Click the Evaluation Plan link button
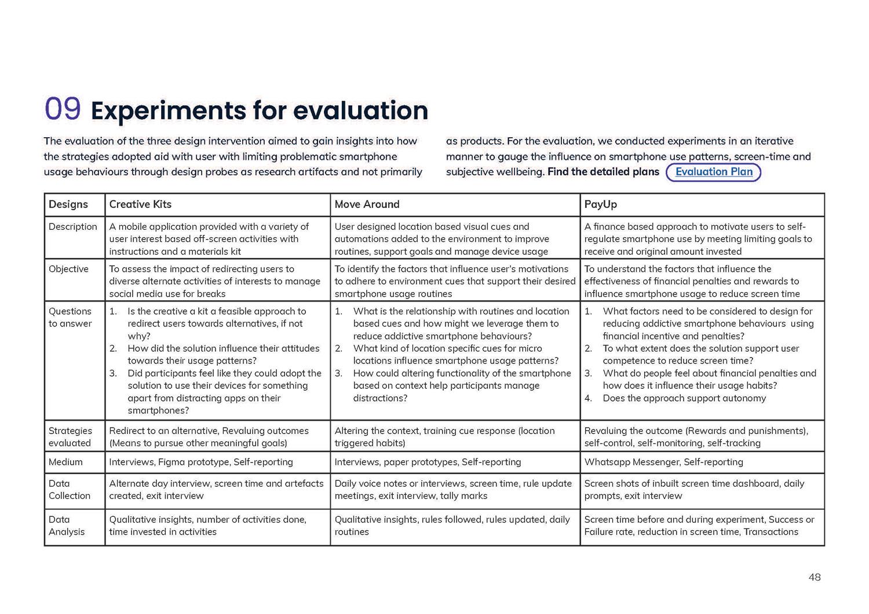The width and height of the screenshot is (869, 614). pos(713,172)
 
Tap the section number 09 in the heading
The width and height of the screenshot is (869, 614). pos(63,109)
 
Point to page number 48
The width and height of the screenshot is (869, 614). pos(814,577)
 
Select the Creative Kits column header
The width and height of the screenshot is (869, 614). pos(140,204)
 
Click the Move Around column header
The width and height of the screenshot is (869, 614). pos(367,204)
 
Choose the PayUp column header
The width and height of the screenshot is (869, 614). pos(600,204)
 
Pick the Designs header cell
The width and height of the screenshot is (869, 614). pos(68,204)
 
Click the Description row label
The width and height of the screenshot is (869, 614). pos(73,226)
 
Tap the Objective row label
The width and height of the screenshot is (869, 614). pos(68,269)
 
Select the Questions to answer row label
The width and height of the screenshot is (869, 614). pos(70,317)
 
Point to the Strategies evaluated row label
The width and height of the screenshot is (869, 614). pos(70,437)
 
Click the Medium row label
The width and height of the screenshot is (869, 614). pos(65,462)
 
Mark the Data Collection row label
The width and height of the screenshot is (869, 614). pos(70,490)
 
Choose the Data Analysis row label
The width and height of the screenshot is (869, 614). pos(67,525)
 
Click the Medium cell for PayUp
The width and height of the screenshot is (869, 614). pos(663,462)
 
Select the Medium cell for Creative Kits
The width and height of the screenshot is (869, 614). pos(201,462)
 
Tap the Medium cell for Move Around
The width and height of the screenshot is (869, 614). pos(428,462)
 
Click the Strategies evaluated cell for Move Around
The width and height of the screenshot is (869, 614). pos(444,437)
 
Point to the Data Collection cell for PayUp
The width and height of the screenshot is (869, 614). pos(693,490)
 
